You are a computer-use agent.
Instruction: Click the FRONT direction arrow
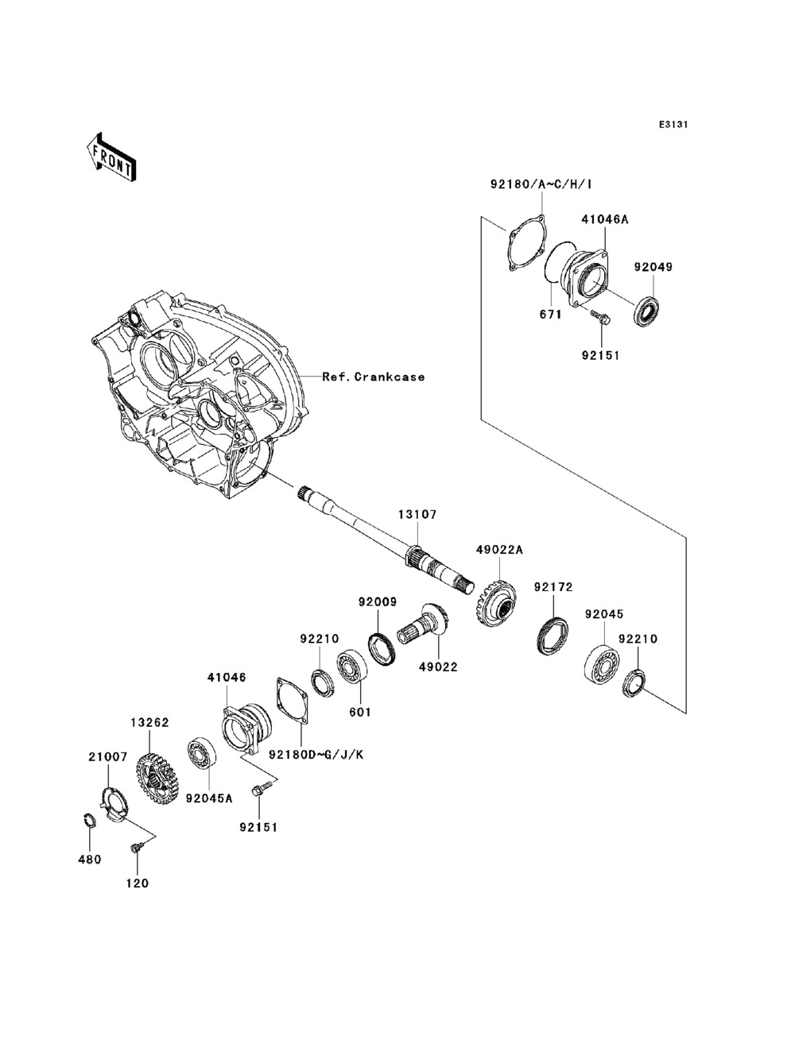point(111,157)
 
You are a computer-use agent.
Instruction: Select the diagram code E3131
point(673,125)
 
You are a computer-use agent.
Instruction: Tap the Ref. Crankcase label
point(374,377)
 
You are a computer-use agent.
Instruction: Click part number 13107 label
point(417,514)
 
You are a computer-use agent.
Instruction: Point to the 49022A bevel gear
point(496,603)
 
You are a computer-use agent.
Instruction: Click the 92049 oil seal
point(648,311)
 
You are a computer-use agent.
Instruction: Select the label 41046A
point(605,219)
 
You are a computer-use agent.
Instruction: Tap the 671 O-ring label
point(550,314)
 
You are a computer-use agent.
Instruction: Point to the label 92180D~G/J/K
point(316,755)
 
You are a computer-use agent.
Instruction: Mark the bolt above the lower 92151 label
point(260,790)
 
